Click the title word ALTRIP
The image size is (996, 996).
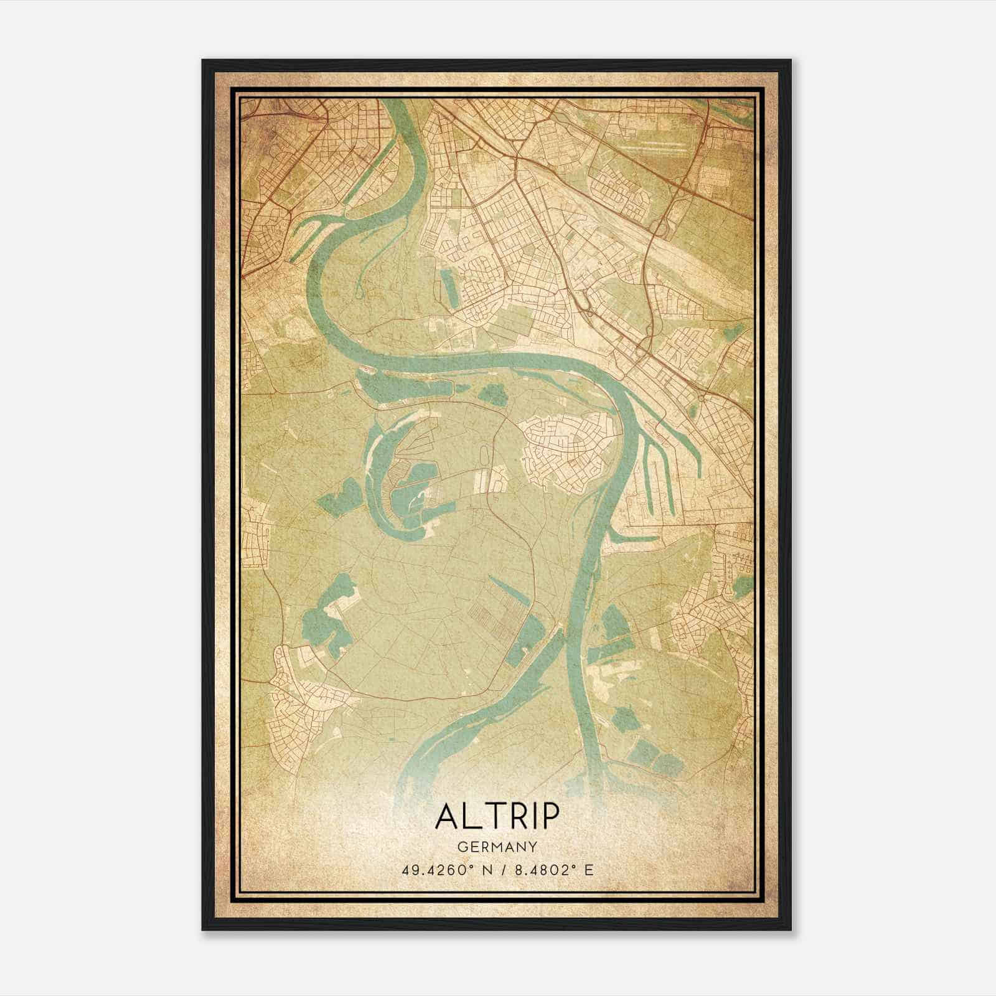click(x=497, y=817)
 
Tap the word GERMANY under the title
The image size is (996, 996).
click(x=497, y=847)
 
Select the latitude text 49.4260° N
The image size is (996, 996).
click(x=443, y=870)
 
